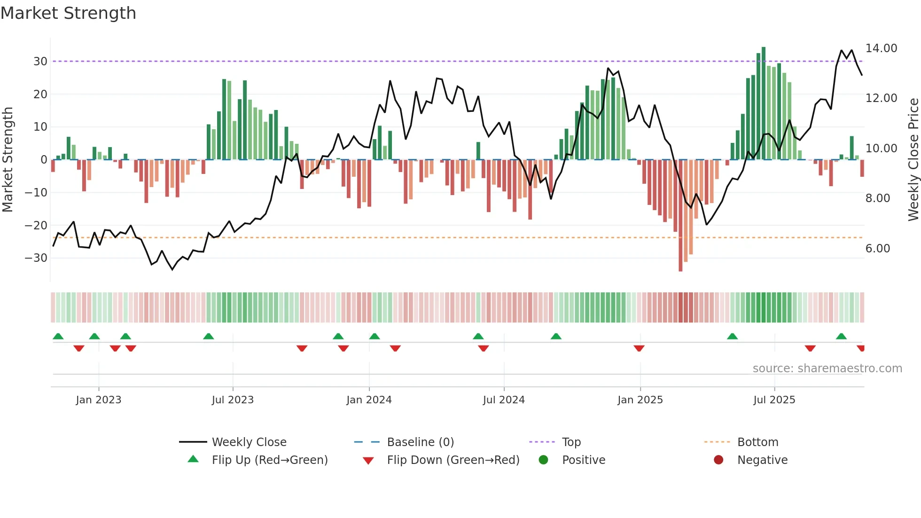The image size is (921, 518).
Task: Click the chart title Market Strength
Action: pyautogui.click(x=68, y=13)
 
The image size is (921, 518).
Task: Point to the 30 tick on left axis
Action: pyautogui.click(x=40, y=62)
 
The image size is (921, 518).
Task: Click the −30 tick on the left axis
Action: pyautogui.click(x=37, y=258)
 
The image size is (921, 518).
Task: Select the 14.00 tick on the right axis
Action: pyautogui.click(x=881, y=48)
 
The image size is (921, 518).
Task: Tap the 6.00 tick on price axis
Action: pyautogui.click(x=877, y=249)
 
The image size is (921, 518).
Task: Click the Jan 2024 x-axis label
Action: pyautogui.click(x=369, y=400)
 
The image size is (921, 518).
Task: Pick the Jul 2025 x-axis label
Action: pyautogui.click(x=774, y=400)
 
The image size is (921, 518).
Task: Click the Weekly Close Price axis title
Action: pyautogui.click(x=913, y=160)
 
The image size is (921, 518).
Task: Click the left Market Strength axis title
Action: pyautogui.click(x=8, y=160)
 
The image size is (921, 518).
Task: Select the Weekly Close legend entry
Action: pyautogui.click(x=249, y=442)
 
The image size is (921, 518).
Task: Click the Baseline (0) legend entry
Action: pyautogui.click(x=420, y=442)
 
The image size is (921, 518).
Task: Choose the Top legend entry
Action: pyautogui.click(x=571, y=442)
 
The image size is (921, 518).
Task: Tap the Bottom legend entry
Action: pyautogui.click(x=757, y=442)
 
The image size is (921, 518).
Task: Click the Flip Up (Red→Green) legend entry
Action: pyautogui.click(x=269, y=460)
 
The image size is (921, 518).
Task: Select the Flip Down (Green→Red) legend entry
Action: pyautogui.click(x=453, y=460)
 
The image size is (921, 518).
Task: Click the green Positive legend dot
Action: pyautogui.click(x=543, y=460)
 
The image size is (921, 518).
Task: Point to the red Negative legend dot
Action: pyautogui.click(x=718, y=460)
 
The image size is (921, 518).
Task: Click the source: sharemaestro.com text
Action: pyautogui.click(x=827, y=369)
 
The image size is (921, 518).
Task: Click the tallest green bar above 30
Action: pyautogui.click(x=764, y=103)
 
